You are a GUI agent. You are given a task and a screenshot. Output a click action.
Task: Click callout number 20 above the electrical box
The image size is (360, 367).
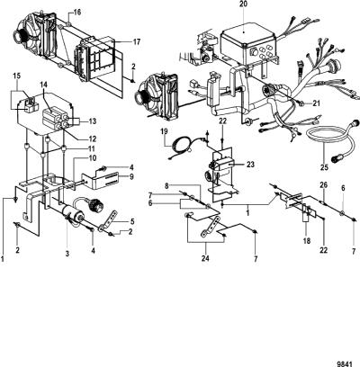tap(243, 5)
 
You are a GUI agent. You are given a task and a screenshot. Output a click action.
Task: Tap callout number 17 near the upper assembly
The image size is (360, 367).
tap(137, 41)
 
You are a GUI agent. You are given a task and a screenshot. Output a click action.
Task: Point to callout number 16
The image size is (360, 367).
tap(76, 13)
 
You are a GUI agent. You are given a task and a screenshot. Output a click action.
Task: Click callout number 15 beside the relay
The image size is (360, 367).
tap(17, 76)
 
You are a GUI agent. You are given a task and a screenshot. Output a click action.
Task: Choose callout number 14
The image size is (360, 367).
tap(44, 85)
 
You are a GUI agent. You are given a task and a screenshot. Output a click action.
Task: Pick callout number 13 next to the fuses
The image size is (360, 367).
tap(92, 121)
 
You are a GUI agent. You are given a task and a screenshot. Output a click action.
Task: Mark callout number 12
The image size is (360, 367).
tap(92, 139)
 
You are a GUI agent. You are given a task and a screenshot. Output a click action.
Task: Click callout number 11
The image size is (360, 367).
tap(92, 148)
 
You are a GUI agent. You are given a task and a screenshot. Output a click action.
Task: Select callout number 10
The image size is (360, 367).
tap(92, 158)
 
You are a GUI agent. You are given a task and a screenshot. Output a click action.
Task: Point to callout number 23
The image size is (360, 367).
tap(250, 165)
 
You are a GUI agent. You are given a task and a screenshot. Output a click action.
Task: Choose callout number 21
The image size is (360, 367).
tap(316, 103)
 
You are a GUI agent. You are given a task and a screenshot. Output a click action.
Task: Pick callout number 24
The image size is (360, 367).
tap(205, 258)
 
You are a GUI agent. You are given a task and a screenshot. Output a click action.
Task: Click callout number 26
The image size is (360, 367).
tap(323, 185)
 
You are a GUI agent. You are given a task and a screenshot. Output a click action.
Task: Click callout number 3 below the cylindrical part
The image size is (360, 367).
tap(67, 254)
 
